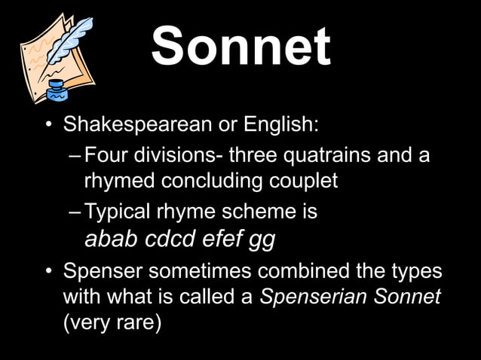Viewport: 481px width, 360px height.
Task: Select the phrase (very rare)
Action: pyautogui.click(x=112, y=322)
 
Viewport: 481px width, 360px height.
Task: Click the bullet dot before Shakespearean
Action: pyautogui.click(x=48, y=124)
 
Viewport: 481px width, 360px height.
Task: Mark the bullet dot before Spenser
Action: pyautogui.click(x=48, y=271)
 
